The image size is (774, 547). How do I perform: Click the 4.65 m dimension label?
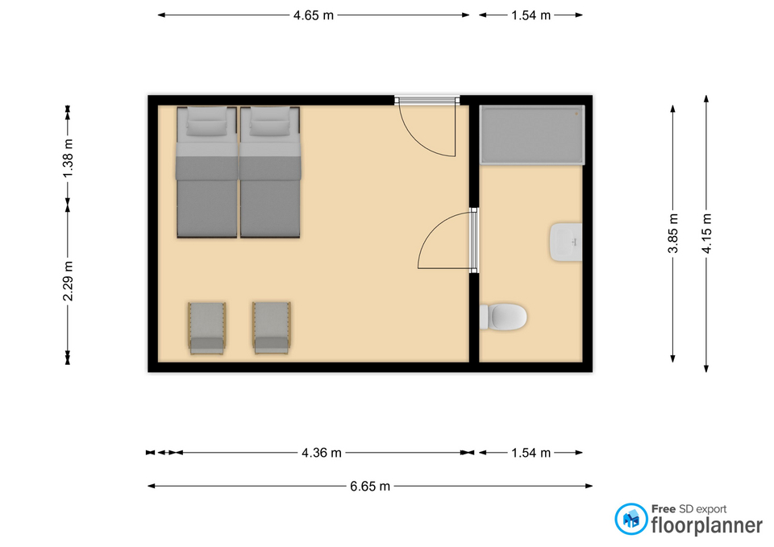point(314,15)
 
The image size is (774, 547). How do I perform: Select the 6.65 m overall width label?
point(370,487)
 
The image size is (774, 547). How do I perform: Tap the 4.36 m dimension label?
point(322,453)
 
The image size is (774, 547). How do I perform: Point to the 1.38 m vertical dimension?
point(68,159)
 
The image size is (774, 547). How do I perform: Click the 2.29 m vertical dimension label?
point(68,281)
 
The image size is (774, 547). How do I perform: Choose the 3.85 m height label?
point(672,234)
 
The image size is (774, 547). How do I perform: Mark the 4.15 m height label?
point(706,234)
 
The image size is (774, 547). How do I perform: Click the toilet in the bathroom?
point(503,317)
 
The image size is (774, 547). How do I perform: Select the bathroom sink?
point(566,242)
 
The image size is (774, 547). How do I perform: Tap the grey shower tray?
point(532,135)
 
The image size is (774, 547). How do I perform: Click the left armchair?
point(207,328)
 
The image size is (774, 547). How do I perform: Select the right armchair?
point(271,328)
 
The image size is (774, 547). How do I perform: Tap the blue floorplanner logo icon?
point(630,519)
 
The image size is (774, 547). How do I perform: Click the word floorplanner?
point(707,524)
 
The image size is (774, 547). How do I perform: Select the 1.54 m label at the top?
point(531,15)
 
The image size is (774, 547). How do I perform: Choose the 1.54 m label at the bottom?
point(531,453)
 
